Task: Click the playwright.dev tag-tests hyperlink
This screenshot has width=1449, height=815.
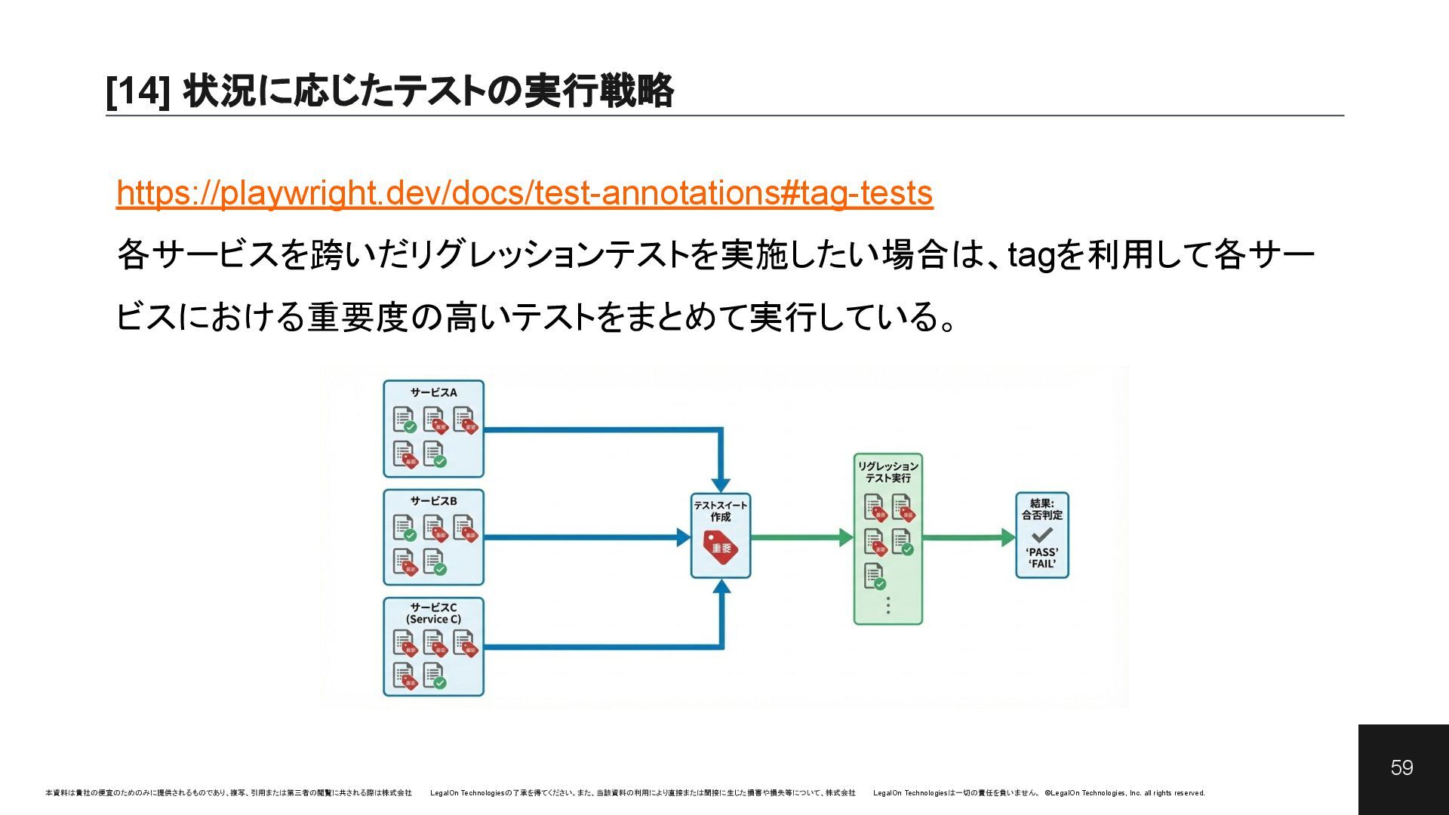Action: coord(525,193)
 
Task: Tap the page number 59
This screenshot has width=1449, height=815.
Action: coord(1401,767)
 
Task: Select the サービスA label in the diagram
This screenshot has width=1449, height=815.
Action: coord(433,392)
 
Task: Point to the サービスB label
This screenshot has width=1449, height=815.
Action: coord(433,501)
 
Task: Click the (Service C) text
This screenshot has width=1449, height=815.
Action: coord(433,620)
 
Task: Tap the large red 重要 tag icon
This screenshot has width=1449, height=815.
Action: coord(721,547)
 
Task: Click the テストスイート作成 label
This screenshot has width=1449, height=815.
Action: coord(721,511)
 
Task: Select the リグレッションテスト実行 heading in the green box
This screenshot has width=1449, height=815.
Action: coord(888,472)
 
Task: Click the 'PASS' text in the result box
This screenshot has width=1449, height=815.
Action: coord(1041,552)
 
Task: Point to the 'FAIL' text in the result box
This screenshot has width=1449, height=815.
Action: coord(1041,564)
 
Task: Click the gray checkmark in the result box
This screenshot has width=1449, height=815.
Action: coord(1041,535)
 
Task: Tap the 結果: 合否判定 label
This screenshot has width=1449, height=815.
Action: coord(1041,509)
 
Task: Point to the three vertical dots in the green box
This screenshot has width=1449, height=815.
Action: coord(888,605)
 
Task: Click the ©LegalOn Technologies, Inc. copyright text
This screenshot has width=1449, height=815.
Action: coord(1124,793)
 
